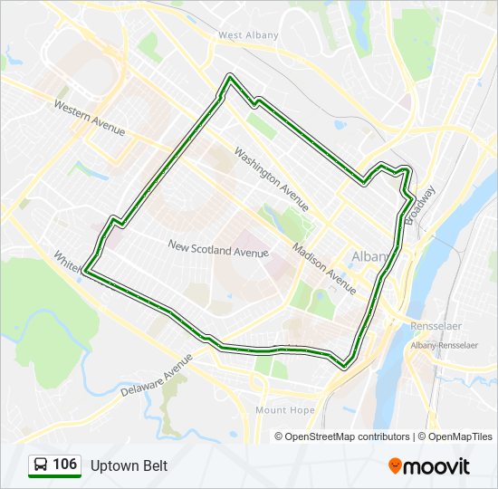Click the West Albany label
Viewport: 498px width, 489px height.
coord(248,35)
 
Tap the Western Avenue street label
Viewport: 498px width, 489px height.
coord(89,118)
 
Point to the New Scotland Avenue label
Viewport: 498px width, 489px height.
coord(218,248)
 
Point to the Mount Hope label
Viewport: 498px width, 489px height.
coord(284,410)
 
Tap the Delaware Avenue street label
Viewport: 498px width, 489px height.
coord(158,374)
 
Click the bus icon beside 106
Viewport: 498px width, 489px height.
coord(41,465)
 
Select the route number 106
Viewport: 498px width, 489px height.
coord(64,465)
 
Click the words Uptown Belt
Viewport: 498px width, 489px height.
coord(129,465)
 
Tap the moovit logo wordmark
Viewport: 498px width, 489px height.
coord(438,466)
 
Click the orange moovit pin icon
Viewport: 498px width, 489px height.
coord(396,465)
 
